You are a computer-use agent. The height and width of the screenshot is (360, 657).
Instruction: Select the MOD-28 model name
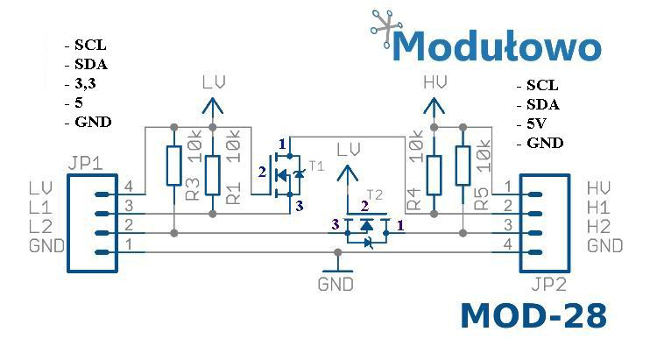click(533, 317)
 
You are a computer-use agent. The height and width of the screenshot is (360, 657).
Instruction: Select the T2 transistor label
click(374, 194)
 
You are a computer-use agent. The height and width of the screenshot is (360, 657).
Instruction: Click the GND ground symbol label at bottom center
click(336, 285)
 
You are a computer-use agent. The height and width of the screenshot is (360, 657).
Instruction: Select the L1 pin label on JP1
click(40, 207)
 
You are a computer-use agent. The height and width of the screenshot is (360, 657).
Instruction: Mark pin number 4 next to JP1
click(129, 186)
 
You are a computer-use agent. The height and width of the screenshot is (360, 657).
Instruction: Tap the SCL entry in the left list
click(90, 45)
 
